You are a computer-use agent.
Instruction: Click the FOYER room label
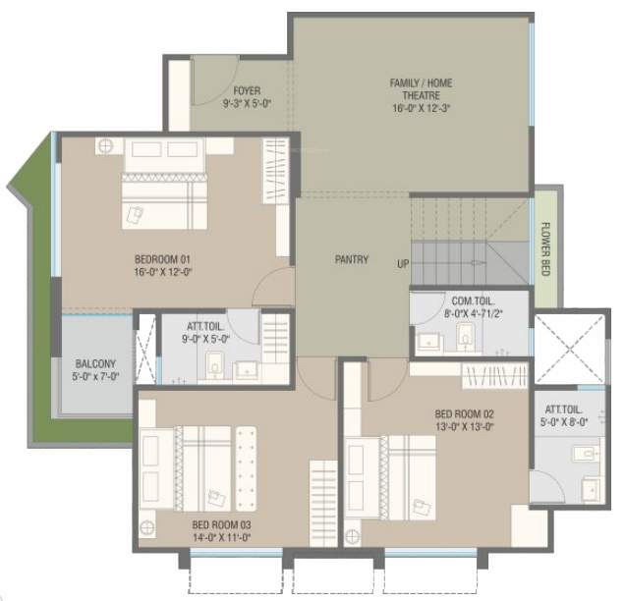tap(220, 90)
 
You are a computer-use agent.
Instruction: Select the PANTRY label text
tap(351, 260)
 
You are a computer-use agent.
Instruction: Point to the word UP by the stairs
tap(404, 264)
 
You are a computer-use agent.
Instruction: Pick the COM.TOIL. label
tap(473, 301)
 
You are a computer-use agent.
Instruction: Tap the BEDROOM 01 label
tap(161, 259)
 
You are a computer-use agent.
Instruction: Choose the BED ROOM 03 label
tap(220, 525)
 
